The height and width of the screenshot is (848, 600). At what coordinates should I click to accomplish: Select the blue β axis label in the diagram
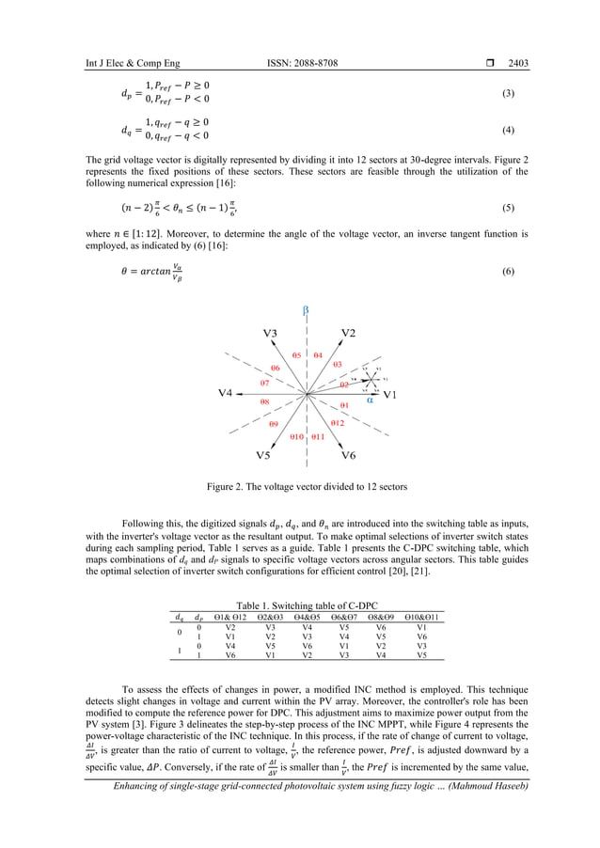[306, 309]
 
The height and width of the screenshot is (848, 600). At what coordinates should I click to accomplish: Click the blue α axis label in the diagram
[370, 399]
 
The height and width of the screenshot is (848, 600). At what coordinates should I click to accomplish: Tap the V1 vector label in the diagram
[392, 395]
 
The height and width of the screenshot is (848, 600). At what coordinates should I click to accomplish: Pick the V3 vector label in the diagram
[270, 333]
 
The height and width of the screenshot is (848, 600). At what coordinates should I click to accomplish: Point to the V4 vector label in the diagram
[226, 392]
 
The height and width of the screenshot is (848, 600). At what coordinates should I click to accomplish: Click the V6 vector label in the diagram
[348, 455]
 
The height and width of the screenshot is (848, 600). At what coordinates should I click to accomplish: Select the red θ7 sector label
[265, 384]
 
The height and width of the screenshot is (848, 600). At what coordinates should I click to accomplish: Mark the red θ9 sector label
[273, 425]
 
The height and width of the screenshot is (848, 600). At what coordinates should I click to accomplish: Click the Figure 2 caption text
[300, 487]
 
